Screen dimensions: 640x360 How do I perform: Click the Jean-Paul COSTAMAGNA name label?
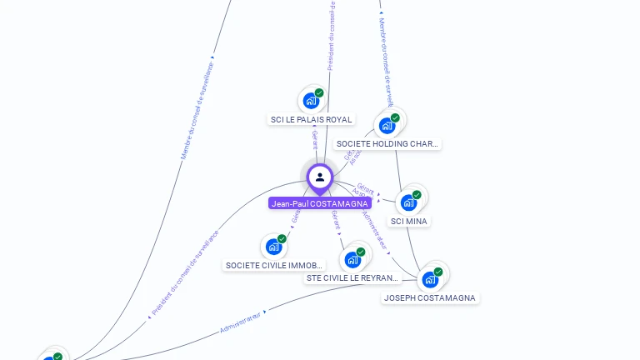point(320,203)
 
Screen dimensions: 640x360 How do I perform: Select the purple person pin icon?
point(320,177)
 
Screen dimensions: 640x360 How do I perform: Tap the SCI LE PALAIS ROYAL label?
point(312,119)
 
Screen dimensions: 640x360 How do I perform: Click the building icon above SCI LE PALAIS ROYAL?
point(311,101)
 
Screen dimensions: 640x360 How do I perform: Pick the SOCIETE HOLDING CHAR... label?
point(387,143)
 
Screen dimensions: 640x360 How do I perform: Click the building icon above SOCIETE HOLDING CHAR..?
point(387,125)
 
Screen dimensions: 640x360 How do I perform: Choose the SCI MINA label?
point(409,221)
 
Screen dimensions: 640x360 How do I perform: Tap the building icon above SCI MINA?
point(408,202)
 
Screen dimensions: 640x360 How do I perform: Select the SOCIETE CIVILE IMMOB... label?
point(274,265)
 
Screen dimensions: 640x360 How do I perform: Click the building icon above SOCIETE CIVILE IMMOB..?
point(273,247)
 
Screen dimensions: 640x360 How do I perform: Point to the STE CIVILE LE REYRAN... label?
point(353,277)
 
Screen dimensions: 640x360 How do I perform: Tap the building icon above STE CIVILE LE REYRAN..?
point(352,259)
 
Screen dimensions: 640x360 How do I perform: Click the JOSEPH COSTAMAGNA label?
point(430,297)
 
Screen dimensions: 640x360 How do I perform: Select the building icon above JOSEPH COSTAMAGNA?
point(430,279)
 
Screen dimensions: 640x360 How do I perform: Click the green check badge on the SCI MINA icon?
point(417,195)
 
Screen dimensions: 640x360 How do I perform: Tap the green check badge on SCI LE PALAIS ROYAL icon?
point(319,93)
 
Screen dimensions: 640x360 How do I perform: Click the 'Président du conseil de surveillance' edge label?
point(184,273)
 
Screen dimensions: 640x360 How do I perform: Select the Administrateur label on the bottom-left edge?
point(242,322)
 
